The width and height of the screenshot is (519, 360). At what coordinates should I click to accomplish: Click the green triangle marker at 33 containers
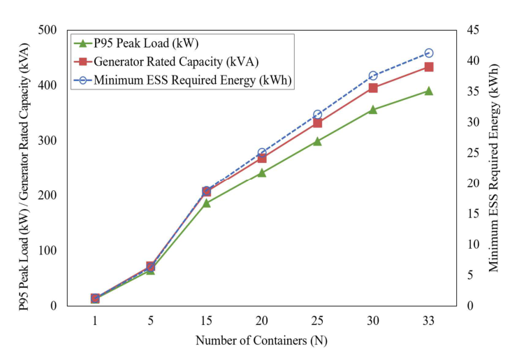click(428, 91)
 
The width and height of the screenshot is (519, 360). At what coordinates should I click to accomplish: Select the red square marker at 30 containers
click(373, 88)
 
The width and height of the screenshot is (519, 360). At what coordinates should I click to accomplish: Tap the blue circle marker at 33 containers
click(428, 53)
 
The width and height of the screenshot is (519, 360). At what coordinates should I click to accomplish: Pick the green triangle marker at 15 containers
click(206, 203)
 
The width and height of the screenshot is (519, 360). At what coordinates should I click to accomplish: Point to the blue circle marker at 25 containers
click(317, 115)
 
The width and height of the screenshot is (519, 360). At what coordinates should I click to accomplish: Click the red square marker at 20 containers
click(262, 158)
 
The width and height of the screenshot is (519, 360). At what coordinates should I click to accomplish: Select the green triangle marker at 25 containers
click(317, 141)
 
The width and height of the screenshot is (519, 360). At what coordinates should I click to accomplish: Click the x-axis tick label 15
click(206, 319)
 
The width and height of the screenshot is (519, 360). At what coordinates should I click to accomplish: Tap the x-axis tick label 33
click(428, 319)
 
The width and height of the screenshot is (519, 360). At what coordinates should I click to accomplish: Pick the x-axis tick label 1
click(95, 319)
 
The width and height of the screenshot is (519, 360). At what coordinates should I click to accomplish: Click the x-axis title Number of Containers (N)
click(261, 341)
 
